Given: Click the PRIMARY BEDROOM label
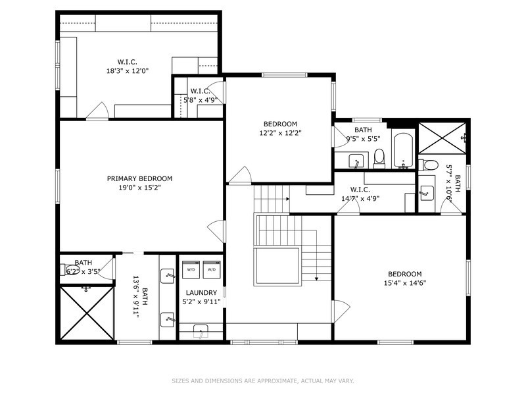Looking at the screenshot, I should [139, 178].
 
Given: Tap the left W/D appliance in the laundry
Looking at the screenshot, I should [191, 269].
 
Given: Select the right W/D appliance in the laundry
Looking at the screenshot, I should [211, 269].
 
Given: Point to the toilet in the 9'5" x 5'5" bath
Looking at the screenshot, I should [379, 158].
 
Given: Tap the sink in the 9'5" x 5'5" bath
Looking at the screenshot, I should [356, 161].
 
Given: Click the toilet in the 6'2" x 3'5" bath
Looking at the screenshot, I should [71, 270].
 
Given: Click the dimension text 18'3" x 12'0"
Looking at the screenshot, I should [128, 70].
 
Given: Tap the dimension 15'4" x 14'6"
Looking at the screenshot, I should [404, 283].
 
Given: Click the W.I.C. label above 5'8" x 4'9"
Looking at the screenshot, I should [199, 91].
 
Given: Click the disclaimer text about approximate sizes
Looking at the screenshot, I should [263, 381].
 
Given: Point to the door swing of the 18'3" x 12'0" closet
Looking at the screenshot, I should [97, 112].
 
